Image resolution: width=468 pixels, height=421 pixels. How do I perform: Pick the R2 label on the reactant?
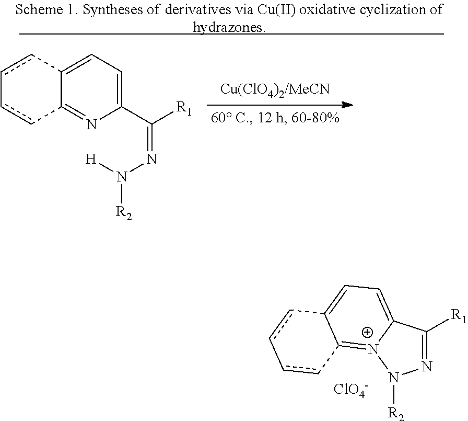pyautogui.click(x=124, y=214)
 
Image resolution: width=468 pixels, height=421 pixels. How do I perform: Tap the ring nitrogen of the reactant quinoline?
pyautogui.click(x=92, y=124)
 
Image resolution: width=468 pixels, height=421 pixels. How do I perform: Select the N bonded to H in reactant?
pyautogui.click(x=122, y=177)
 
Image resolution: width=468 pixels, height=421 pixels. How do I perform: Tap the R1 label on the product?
pyautogui.click(x=458, y=316)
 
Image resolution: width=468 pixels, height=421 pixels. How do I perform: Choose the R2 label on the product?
pyautogui.click(x=396, y=413)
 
